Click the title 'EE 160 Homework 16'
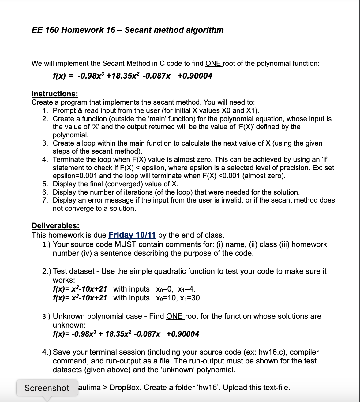73,30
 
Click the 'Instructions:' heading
55,94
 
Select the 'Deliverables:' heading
55,226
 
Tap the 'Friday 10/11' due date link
132,235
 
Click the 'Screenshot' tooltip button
47,388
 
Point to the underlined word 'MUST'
126,244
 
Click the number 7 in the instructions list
45,200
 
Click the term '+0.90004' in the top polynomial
195,76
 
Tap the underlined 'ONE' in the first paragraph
213,64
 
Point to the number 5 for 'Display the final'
45,184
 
